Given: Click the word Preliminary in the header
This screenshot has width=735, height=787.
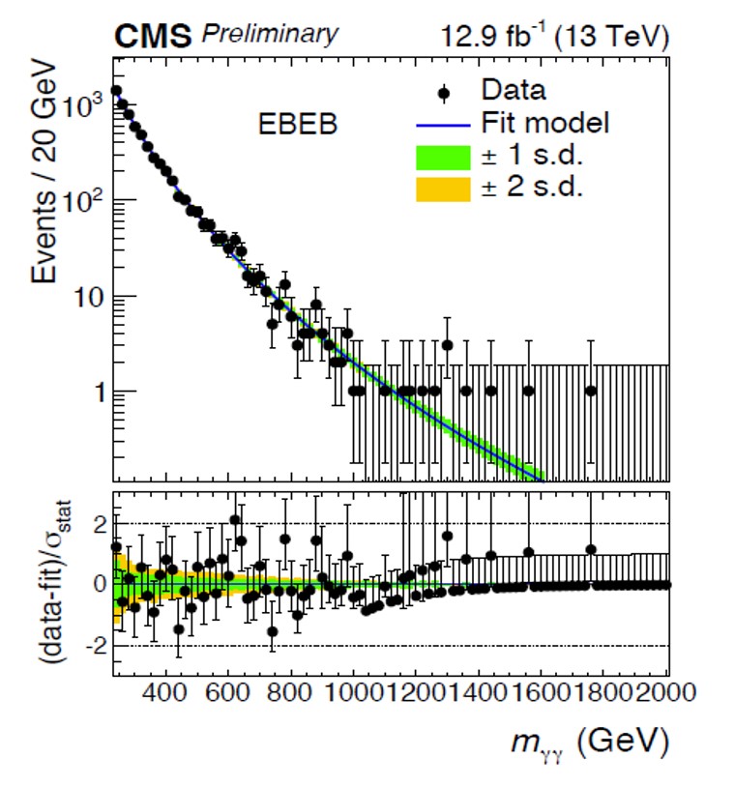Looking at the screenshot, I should click(271, 34).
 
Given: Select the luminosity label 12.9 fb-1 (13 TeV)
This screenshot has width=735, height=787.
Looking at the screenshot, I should click(552, 36).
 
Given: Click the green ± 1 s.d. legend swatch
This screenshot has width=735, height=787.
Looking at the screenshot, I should click(441, 156).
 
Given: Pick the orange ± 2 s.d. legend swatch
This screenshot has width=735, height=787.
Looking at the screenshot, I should click(441, 187).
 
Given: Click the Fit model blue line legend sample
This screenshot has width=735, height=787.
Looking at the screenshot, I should click(441, 124).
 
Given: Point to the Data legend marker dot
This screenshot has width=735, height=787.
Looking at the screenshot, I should click(442, 93).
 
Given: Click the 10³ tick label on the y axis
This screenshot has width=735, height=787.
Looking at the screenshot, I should click(84, 105).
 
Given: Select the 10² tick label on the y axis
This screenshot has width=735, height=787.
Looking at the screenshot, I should click(84, 201).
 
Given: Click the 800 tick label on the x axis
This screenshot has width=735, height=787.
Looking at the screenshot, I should click(289, 693).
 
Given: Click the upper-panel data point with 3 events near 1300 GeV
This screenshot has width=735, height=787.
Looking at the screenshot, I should click(447, 344).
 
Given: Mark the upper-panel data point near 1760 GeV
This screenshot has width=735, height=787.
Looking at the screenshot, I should click(591, 391).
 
